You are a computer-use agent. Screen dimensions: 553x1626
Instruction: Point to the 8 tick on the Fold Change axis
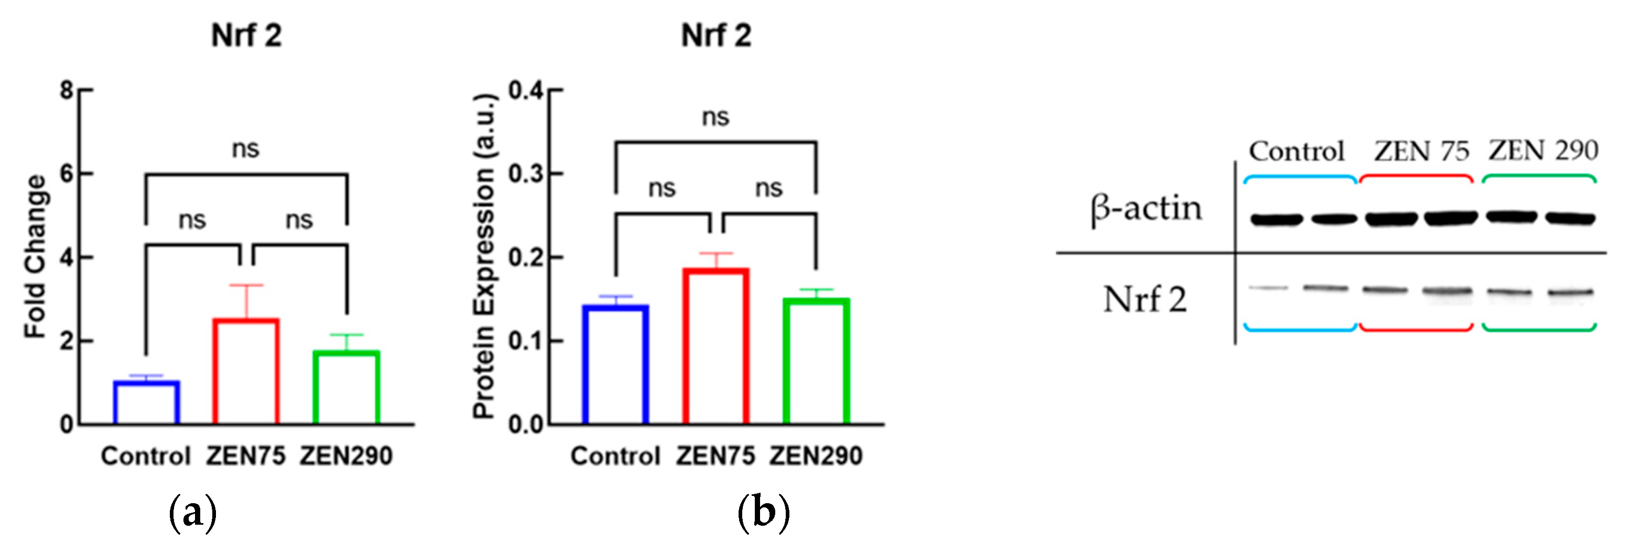[67, 90]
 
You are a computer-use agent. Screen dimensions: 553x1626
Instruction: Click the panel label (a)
[192, 513]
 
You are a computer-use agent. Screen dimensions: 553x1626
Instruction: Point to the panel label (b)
[763, 513]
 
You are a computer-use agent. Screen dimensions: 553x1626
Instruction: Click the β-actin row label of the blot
[1146, 208]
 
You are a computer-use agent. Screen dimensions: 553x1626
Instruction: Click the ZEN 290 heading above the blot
[1543, 151]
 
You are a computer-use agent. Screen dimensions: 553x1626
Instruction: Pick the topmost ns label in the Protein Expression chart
[716, 117]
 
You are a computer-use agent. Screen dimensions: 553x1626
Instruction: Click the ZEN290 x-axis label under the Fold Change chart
[346, 456]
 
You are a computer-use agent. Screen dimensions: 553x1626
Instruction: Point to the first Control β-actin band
[1276, 220]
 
